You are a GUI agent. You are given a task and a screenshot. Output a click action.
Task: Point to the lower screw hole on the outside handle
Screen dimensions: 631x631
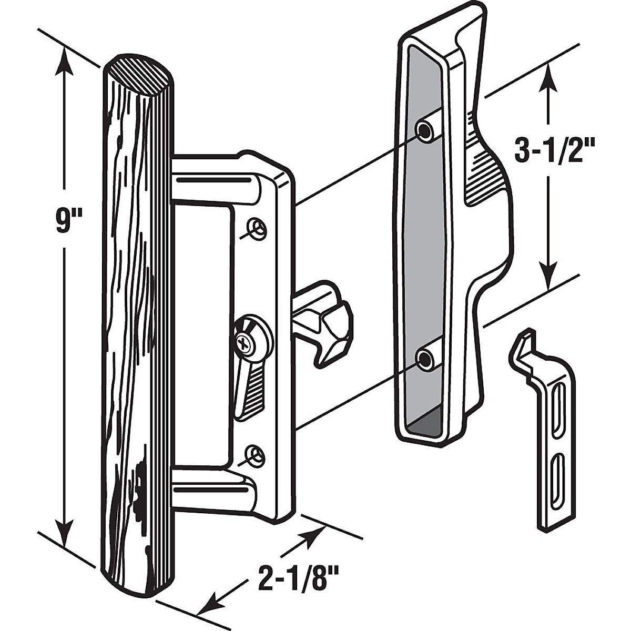424,358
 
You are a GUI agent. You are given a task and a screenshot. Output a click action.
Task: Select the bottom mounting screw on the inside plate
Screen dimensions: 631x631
256,453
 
